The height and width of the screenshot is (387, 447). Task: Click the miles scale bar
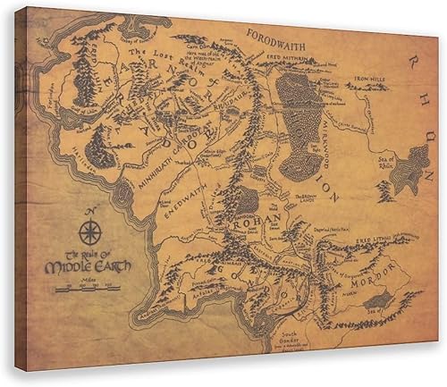point(88,289)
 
